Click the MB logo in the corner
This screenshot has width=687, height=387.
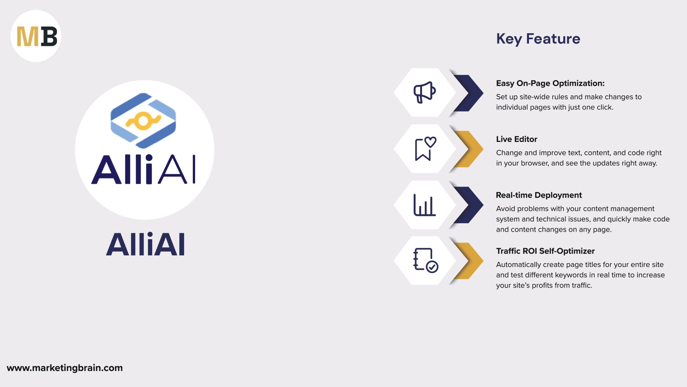click(36, 36)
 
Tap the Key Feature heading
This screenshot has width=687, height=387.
click(538, 39)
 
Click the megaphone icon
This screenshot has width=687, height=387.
click(425, 92)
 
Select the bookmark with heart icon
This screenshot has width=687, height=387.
click(426, 149)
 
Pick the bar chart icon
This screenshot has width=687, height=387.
click(425, 205)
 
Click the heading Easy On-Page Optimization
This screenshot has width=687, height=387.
click(550, 83)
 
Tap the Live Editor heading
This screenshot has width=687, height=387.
click(517, 139)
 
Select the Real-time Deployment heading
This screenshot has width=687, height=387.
click(539, 195)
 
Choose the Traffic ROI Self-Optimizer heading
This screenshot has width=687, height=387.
click(545, 251)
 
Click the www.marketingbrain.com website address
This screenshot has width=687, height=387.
click(65, 368)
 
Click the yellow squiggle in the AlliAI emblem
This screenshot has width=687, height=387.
click(144, 121)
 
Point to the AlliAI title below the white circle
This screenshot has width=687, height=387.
click(145, 244)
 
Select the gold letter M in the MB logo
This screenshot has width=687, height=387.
click(28, 36)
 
